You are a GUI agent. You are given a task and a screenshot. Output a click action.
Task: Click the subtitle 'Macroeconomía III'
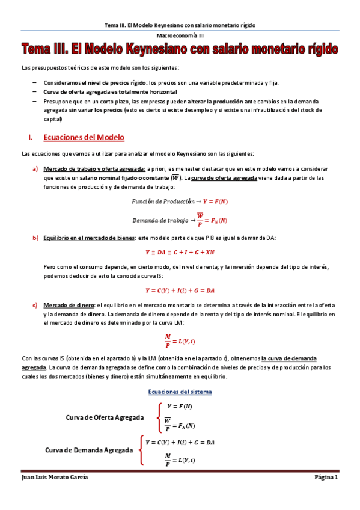pos(180,36)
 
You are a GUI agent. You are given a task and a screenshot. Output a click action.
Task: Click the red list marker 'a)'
pos(35,169)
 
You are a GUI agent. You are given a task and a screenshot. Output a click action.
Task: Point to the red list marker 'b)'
pos(35,238)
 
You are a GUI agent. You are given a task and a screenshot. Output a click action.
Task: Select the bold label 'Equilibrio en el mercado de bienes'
pos(88,238)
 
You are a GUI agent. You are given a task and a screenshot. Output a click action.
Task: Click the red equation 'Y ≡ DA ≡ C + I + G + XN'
pos(180,253)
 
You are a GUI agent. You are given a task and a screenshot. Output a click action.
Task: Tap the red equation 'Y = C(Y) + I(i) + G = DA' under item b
pos(180,290)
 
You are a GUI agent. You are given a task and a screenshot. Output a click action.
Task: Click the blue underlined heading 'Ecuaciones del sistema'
pos(180,392)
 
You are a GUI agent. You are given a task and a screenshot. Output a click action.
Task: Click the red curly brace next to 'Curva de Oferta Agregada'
pos(157,417)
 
